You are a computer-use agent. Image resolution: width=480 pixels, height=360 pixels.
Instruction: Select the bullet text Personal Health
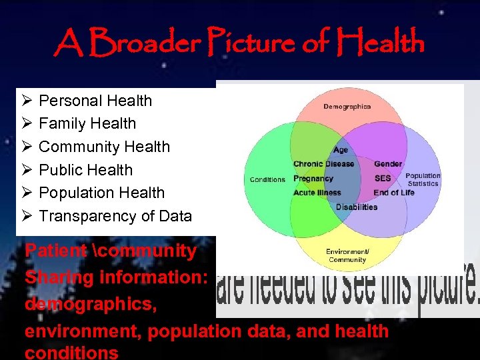(x=95, y=101)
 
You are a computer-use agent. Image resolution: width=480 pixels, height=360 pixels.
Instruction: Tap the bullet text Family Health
(x=87, y=123)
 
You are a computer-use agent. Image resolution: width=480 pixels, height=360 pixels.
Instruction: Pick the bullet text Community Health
(x=104, y=147)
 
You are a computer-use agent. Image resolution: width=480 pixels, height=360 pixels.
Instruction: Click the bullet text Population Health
(x=101, y=193)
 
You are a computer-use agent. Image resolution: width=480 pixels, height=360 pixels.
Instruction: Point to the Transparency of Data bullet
(x=115, y=216)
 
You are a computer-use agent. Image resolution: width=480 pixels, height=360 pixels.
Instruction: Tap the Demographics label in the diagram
(x=347, y=107)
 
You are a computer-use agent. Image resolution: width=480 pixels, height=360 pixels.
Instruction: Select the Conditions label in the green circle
(x=267, y=179)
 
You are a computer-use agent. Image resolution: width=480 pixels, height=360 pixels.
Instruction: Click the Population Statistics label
(x=423, y=180)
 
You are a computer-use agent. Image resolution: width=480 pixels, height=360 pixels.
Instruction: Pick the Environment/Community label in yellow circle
(x=347, y=255)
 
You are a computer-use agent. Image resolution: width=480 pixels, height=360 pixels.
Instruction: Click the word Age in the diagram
(x=341, y=150)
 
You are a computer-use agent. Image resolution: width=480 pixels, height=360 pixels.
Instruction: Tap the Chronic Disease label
(x=323, y=164)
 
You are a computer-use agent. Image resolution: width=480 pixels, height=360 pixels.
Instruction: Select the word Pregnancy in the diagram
(x=313, y=179)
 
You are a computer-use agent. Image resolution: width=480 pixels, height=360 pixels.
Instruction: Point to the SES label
(x=383, y=179)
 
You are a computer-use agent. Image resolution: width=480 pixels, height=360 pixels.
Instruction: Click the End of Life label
(x=393, y=193)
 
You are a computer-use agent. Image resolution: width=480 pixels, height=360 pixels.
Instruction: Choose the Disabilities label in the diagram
(x=356, y=207)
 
